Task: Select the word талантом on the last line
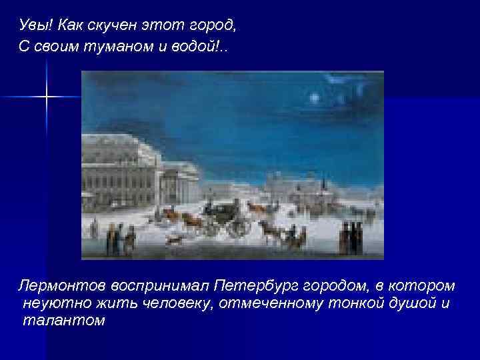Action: pyautogui.click(x=63, y=320)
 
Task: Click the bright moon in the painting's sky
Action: pyautogui.click(x=313, y=98)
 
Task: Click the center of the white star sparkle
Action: pyautogui.click(x=47, y=97)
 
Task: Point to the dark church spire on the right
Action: pyautogui.click(x=322, y=181)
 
